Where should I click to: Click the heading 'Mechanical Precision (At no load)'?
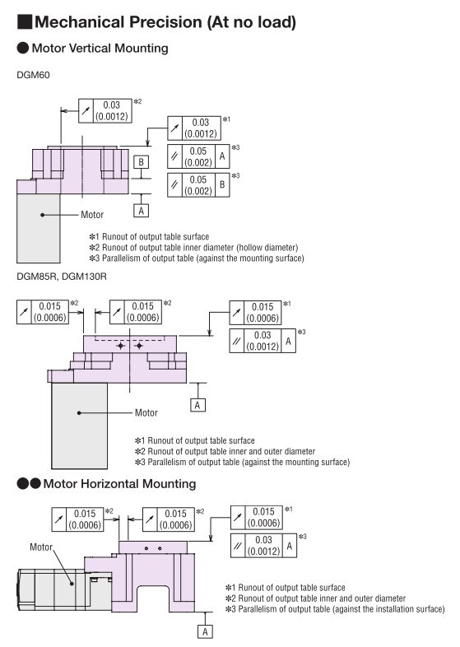[x=165, y=22]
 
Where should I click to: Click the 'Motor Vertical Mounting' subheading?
[x=100, y=49]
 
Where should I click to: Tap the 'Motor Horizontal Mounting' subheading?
[x=119, y=483]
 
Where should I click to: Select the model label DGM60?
[x=33, y=75]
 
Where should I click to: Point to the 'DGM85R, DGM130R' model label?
[x=62, y=276]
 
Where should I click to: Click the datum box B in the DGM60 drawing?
[x=141, y=162]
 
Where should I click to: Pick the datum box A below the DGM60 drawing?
[x=141, y=211]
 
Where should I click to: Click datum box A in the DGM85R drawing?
[x=197, y=405]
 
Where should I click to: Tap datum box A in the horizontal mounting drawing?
[x=205, y=631]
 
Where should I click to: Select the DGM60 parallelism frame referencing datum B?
[x=198, y=185]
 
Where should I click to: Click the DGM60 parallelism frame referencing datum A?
[x=198, y=156]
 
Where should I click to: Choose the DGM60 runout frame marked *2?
[x=105, y=110]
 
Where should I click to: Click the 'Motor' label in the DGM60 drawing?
[x=92, y=215]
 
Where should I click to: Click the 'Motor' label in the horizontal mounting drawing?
[x=41, y=547]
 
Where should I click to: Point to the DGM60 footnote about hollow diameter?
[x=193, y=248]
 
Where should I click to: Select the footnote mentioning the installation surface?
[x=335, y=609]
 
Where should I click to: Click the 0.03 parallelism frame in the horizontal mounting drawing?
[x=263, y=546]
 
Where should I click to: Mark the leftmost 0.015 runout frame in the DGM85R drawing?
[x=43, y=312]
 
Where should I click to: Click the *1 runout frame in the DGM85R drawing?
[x=255, y=312]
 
